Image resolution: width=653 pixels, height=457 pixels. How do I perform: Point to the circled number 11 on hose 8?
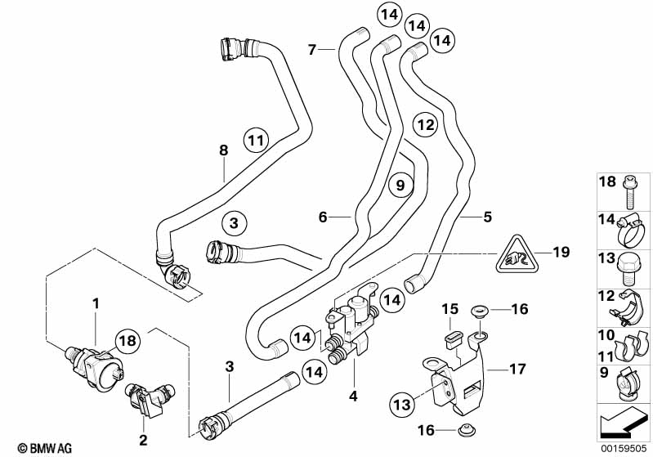pos(257,141)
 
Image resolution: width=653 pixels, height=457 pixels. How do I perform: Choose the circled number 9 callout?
pos(400,186)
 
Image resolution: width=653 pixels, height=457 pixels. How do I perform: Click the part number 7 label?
pos(311,51)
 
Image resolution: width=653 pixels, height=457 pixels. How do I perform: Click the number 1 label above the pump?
pos(96,304)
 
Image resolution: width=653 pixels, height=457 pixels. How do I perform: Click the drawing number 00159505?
pos(624,447)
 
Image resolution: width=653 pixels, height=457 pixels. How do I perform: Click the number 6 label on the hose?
pos(323,217)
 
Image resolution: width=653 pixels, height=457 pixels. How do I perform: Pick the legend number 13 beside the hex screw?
pos(606,258)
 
